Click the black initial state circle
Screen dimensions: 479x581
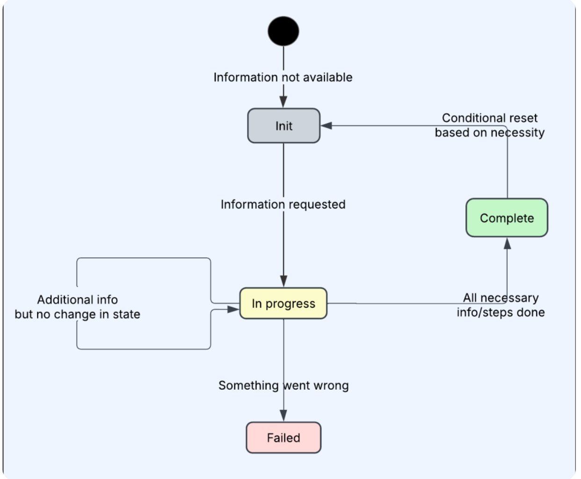(x=283, y=31)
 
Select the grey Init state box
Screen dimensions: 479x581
(x=283, y=126)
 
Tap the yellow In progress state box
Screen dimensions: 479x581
(x=283, y=304)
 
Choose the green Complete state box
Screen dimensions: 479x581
(x=507, y=218)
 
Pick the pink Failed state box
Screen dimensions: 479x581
(x=283, y=438)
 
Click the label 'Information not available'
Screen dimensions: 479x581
(x=283, y=77)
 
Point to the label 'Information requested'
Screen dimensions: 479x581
(x=283, y=204)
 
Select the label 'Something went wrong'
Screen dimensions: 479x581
(x=283, y=385)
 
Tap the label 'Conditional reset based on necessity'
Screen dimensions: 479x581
(x=490, y=125)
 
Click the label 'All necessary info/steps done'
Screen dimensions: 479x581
(x=501, y=305)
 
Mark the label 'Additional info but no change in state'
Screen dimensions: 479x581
(x=78, y=307)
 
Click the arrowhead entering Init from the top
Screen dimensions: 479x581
(x=283, y=102)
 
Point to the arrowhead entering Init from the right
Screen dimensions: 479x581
(x=327, y=126)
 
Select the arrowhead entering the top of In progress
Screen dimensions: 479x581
(x=283, y=281)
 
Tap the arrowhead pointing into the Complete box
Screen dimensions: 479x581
(x=507, y=243)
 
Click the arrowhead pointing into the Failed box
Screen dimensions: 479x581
(x=283, y=415)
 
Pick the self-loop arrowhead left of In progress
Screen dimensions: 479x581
(x=233, y=309)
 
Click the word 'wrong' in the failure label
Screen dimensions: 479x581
(x=331, y=386)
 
